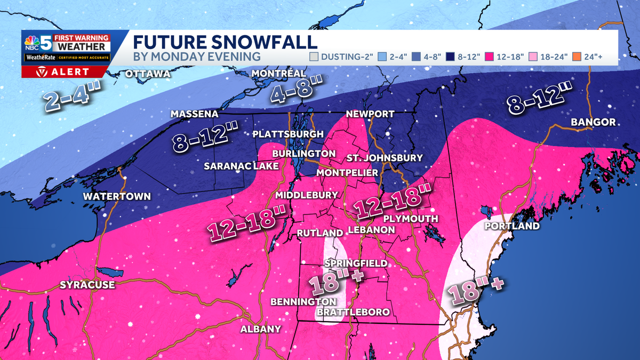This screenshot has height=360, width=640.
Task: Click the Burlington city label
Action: pos(303,154)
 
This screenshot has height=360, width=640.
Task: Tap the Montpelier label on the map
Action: pos(347,173)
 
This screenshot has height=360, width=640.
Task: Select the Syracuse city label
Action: pos(87,285)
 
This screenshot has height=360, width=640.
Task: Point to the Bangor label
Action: pos(593,123)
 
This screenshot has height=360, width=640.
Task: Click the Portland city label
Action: pos(511,226)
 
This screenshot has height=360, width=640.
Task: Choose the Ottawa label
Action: pos(148,74)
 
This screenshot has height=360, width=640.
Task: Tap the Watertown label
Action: pos(116,196)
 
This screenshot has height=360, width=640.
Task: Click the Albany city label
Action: pos(260,329)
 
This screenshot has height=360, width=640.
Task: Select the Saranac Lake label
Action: pos(241,166)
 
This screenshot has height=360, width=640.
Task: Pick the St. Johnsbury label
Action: pos(385,158)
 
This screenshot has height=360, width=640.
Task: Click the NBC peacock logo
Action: pos(30,42)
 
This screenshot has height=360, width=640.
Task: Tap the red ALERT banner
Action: pos(65,71)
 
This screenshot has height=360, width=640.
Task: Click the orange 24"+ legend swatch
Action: pos(579,57)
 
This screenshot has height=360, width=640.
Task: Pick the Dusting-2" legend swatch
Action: pos(315,57)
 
